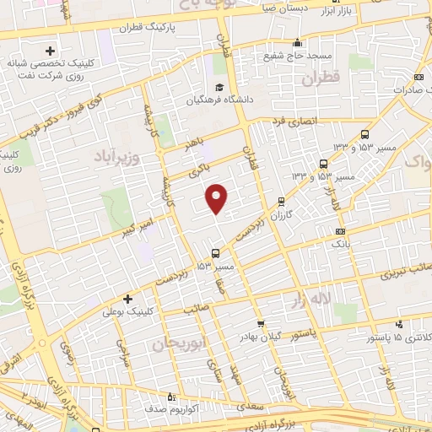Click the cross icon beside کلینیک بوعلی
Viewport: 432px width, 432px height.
pos(127,299)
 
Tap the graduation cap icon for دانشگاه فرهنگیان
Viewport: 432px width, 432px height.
pos(219,88)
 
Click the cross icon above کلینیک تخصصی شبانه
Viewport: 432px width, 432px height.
pos(51,51)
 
